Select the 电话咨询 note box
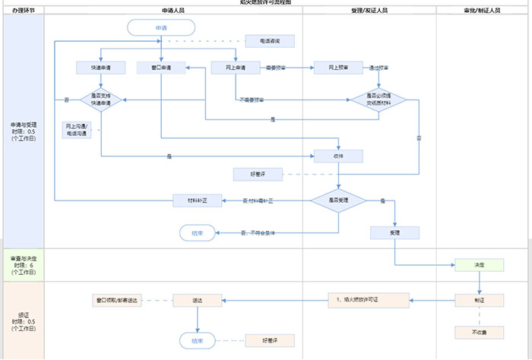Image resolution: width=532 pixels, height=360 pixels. click(x=270, y=41)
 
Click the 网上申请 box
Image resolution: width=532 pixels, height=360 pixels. click(x=236, y=68)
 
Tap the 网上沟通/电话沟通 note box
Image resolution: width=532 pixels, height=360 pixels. click(x=77, y=129)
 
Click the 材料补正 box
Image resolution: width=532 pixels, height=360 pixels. click(x=198, y=201)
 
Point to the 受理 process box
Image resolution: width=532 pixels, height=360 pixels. click(x=394, y=232)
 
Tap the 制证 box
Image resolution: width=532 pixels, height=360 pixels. click(x=480, y=301)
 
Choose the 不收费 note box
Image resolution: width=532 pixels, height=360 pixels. click(x=480, y=333)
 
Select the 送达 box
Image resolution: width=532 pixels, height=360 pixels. click(x=198, y=301)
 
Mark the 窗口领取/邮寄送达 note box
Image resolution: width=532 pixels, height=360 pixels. click(x=118, y=301)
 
